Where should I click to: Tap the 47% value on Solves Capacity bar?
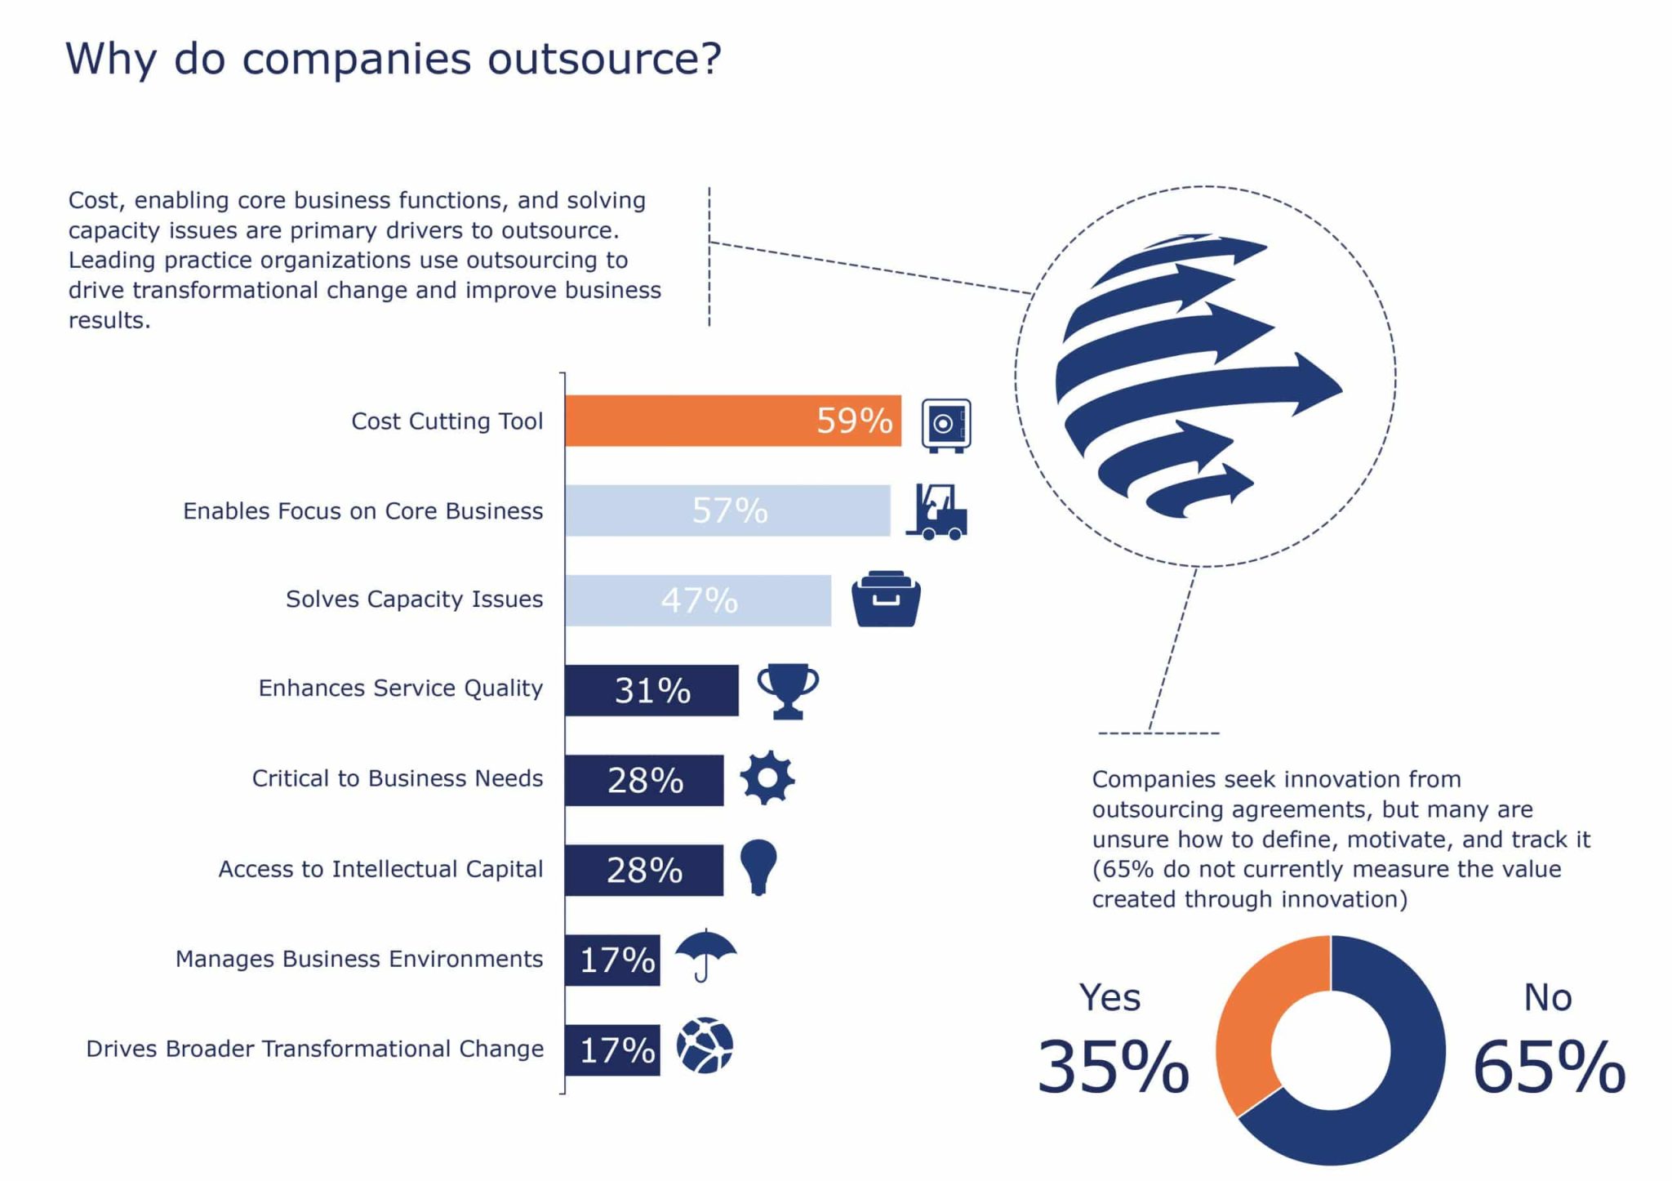pos(700,600)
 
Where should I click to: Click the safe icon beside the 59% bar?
pos(945,425)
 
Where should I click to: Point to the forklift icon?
pos(937,512)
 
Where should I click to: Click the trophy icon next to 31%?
pos(788,690)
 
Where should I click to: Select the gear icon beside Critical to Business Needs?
pos(767,778)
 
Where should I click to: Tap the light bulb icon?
pos(758,867)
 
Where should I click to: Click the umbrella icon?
pos(705,954)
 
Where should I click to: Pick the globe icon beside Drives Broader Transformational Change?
pos(705,1045)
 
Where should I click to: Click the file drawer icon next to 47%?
pos(886,599)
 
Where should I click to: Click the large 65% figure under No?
pos(1549,1067)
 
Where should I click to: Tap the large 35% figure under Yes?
pos(1113,1067)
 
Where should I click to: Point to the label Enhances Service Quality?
pos(400,689)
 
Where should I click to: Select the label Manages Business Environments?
pos(359,959)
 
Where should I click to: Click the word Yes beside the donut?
pos(1109,997)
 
